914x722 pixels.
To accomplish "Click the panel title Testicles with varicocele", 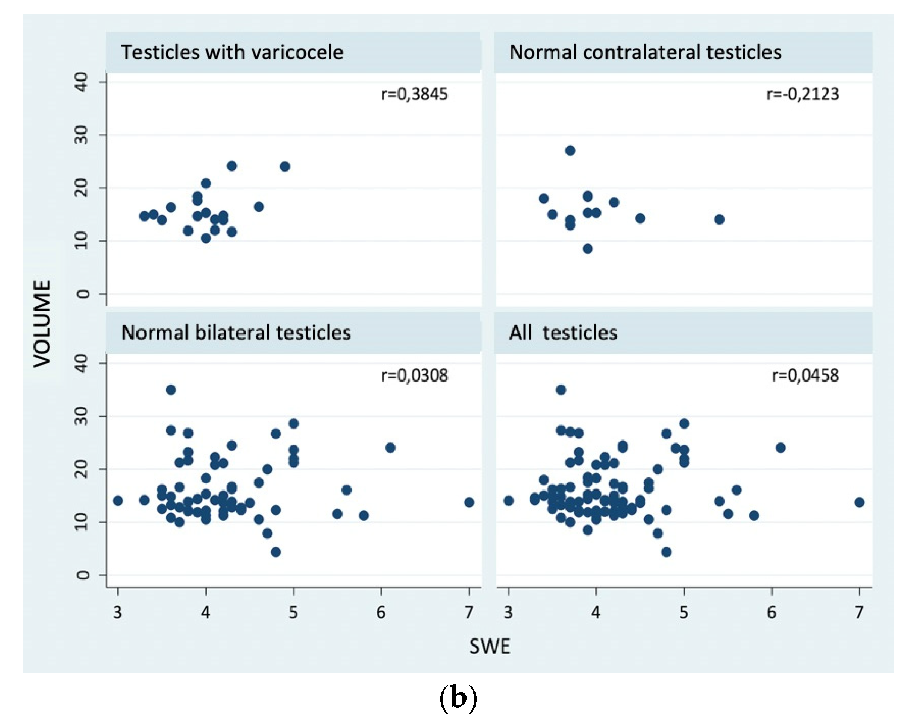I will [x=232, y=52].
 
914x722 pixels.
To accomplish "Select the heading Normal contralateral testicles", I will [x=645, y=52].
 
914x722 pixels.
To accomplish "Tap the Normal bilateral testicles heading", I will [x=236, y=333].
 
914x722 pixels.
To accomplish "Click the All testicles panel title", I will [x=562, y=333].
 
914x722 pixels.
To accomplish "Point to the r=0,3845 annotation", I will [x=414, y=94].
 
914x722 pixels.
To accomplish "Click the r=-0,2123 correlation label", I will [x=802, y=94].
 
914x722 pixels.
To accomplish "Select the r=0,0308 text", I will [x=414, y=375].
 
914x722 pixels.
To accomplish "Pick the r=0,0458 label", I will [x=805, y=375].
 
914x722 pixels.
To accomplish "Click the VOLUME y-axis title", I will [x=42, y=324].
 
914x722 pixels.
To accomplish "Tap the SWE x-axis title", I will [x=490, y=646].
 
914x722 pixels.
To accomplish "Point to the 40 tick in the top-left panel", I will [x=82, y=82].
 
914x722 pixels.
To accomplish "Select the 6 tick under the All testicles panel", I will [x=772, y=612].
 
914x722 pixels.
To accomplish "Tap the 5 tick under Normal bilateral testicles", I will [x=293, y=612].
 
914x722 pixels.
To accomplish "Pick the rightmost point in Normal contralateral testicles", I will [x=719, y=219].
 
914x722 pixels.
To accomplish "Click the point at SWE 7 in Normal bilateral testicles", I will [x=469, y=502].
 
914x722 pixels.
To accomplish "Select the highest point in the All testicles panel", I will [x=561, y=390].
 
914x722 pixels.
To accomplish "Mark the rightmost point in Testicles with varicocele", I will [x=285, y=167].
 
